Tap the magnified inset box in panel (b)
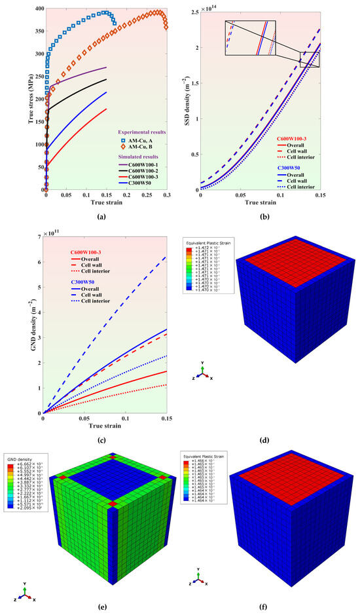251,39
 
